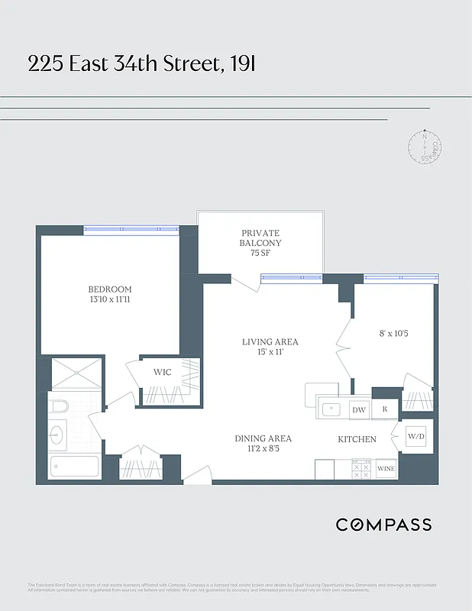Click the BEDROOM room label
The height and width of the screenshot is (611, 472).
coord(110,289)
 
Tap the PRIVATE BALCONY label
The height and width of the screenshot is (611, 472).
coord(261,238)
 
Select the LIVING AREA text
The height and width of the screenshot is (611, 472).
coord(270,341)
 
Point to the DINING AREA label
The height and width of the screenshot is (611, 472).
coord(263,438)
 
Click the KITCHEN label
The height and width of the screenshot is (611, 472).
coord(357,439)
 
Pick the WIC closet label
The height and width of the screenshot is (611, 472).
coord(162,372)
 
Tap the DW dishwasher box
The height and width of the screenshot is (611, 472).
coord(358,410)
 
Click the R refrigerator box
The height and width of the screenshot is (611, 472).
coord(385,410)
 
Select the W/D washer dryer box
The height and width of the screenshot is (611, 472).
coord(416,437)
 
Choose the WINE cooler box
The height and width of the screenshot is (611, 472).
coord(386,469)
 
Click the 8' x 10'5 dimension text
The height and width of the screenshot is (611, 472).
coord(395,333)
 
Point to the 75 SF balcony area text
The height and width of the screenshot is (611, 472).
coord(261,254)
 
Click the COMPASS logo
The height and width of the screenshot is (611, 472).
coord(383,525)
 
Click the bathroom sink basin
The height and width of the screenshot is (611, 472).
coord(57,435)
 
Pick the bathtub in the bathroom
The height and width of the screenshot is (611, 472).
coord(74,466)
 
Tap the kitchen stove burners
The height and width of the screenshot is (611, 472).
coord(362,469)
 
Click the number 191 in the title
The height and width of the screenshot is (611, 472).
coord(242,64)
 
